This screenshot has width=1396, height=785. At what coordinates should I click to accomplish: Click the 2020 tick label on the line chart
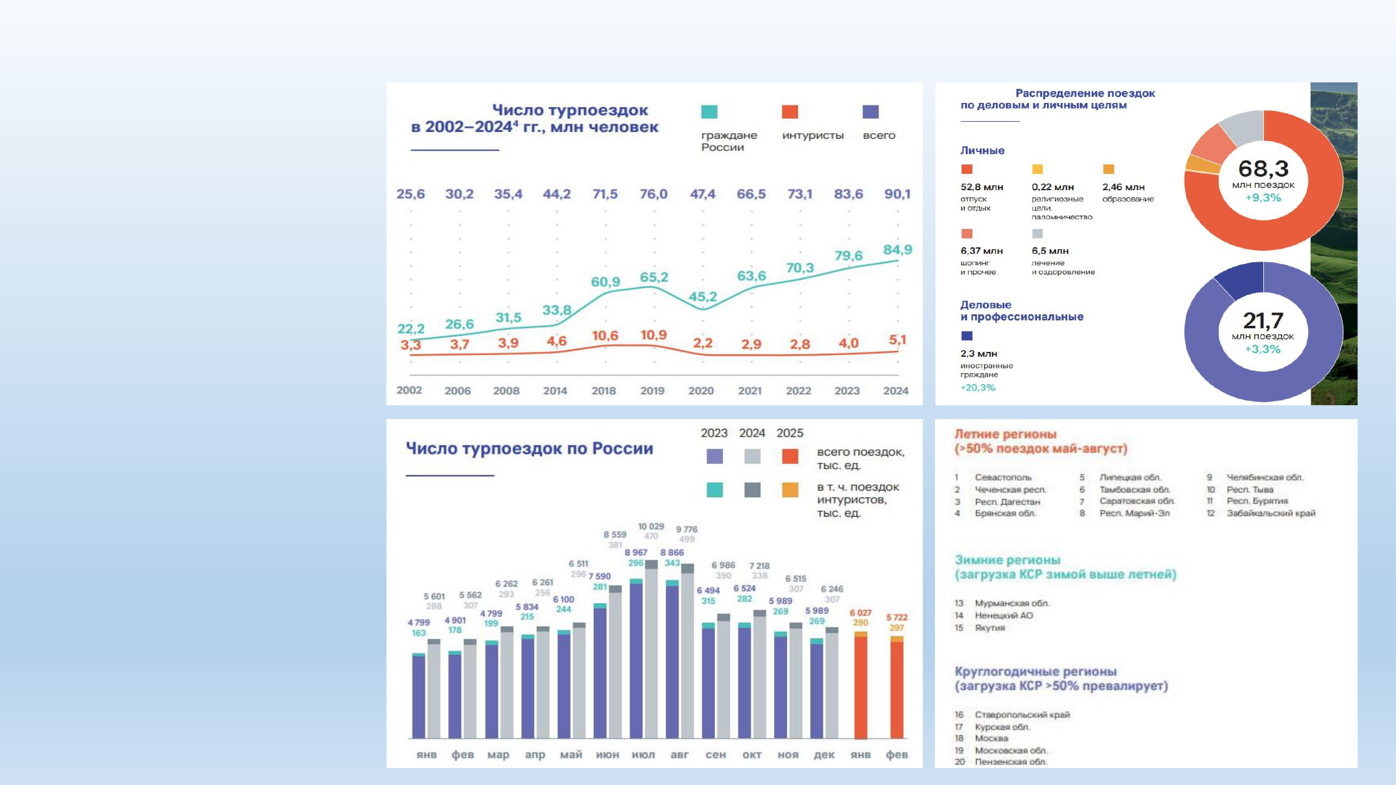(x=701, y=391)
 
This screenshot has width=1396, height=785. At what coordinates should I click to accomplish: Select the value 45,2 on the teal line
(x=703, y=297)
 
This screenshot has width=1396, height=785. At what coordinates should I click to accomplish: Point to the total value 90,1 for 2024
(x=897, y=194)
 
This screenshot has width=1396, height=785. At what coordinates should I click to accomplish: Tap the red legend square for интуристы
(x=790, y=112)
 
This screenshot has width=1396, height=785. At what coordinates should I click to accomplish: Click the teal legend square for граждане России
(x=709, y=112)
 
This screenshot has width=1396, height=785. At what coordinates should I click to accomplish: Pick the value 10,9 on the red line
(x=654, y=335)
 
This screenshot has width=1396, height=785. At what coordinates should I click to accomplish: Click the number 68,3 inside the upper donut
(x=1263, y=168)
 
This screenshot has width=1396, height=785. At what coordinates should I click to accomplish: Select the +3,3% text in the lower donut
(x=1263, y=349)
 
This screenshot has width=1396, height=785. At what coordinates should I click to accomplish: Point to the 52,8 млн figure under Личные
(x=982, y=187)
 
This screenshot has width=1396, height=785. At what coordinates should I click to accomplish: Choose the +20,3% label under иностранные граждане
(x=978, y=388)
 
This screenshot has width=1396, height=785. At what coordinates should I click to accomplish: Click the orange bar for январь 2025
(x=860, y=687)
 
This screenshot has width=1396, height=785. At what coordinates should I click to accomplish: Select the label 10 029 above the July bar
(x=651, y=526)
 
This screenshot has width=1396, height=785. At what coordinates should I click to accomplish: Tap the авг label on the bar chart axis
(x=680, y=755)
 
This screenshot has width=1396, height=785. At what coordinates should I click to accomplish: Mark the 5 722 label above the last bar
(x=897, y=617)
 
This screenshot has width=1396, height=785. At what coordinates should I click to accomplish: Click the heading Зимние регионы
(x=1008, y=560)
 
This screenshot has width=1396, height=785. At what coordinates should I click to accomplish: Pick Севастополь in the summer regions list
(x=1003, y=477)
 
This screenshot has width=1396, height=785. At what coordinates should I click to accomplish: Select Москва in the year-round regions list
(x=991, y=738)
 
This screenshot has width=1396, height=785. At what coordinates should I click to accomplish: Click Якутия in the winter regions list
(x=989, y=628)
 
